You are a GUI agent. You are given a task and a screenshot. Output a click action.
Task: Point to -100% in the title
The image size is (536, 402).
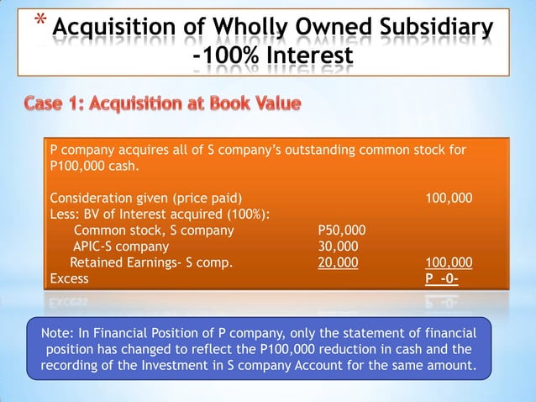click(x=226, y=57)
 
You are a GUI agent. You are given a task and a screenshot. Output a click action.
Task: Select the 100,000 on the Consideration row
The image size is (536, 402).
click(x=449, y=198)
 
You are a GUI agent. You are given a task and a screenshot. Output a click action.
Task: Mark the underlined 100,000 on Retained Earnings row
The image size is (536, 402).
click(x=449, y=262)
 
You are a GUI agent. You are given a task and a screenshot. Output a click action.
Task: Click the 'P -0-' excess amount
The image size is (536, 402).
click(x=442, y=278)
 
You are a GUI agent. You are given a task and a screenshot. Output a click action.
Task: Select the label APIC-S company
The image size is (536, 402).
click(x=120, y=246)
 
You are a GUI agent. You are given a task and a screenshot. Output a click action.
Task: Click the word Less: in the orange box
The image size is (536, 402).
click(x=66, y=214)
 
